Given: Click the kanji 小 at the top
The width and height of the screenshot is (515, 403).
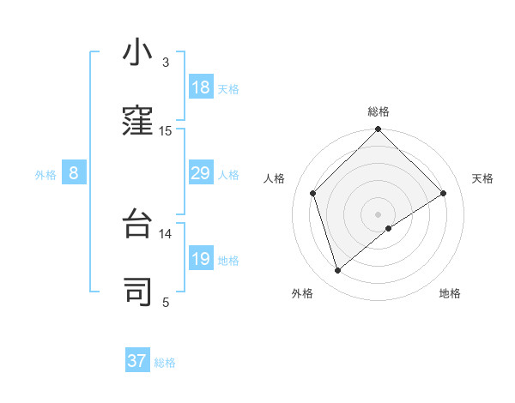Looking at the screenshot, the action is [137, 53].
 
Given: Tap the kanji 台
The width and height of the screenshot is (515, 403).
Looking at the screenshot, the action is [137, 224].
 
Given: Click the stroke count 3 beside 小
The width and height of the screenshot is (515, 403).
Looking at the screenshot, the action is [166, 63].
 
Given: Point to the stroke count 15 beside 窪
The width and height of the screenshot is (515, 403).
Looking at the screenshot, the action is [166, 131].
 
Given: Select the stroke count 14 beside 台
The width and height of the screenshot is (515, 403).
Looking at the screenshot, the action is [166, 233].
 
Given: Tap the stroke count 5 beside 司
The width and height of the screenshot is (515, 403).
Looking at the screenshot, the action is [166, 302].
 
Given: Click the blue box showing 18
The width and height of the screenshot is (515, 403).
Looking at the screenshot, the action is [201, 87].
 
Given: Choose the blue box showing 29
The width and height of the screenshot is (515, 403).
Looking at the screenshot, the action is [201, 174].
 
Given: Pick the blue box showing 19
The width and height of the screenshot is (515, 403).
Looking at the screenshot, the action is [201, 259].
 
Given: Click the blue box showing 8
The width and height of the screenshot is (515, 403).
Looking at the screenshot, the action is [74, 174].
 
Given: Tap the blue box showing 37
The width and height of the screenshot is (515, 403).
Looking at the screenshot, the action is [137, 361].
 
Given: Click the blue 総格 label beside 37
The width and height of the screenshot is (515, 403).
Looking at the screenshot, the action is [165, 363].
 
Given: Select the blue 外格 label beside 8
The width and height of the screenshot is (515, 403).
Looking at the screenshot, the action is [45, 175].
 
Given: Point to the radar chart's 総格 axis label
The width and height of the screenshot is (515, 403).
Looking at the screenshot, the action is [379, 111].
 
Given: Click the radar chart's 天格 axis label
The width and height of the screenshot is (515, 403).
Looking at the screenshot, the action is [482, 178].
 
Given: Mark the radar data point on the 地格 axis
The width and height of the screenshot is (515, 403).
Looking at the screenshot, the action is [389, 228].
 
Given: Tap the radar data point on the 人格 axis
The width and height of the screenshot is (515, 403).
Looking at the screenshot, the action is [313, 193].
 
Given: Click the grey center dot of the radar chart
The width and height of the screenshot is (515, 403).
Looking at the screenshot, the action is [379, 214].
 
